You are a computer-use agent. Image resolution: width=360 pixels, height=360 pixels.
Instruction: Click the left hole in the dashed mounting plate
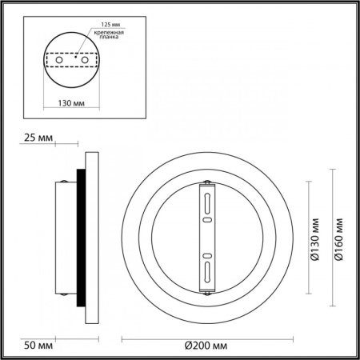pos(57,59)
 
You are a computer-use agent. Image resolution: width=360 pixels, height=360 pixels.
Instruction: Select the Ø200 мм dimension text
pos(206,345)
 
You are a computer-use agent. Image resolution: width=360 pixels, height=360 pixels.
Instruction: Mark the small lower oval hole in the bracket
pos(206,255)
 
